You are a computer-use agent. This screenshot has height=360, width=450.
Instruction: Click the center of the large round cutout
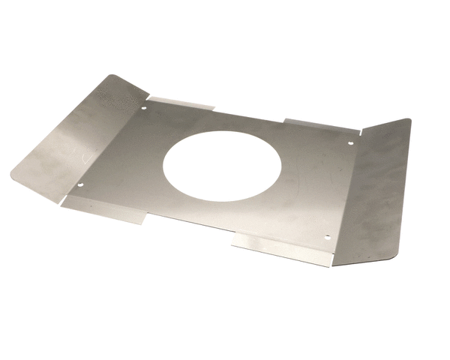[222, 166]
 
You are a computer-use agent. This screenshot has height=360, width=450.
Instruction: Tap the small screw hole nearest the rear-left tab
[144, 107]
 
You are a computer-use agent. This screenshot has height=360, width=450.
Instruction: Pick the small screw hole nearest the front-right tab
[327, 237]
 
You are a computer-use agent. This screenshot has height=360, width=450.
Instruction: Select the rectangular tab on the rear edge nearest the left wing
[180, 103]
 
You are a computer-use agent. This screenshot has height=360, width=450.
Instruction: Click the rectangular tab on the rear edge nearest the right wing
[319, 125]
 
